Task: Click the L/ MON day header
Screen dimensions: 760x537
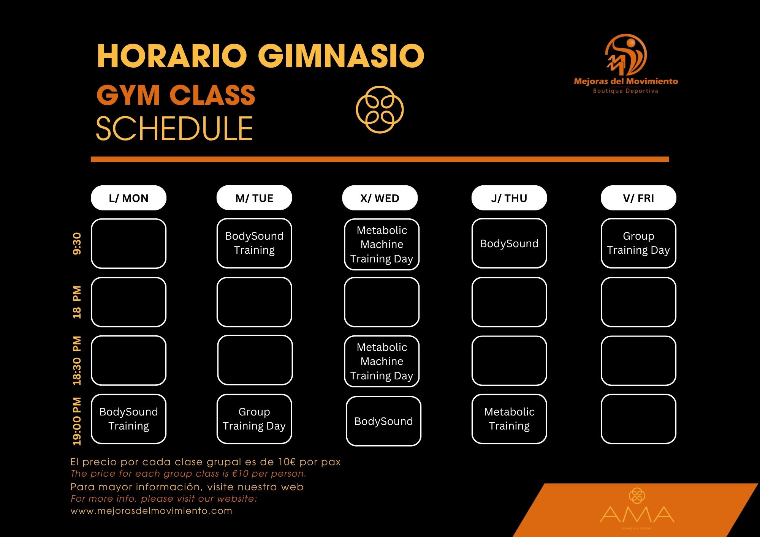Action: pos(128,198)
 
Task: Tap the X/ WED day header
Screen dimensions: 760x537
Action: pos(380,198)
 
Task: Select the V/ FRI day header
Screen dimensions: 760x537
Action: pos(638,198)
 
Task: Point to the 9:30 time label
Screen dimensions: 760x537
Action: pos(77,243)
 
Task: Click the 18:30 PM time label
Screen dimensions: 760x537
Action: pos(77,360)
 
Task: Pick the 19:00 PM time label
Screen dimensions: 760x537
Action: pos(77,421)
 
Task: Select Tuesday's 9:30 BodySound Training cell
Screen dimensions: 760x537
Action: pos(254,243)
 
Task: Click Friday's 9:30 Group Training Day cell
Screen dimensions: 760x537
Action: pos(638,243)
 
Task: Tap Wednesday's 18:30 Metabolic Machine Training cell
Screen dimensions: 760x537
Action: pos(382,361)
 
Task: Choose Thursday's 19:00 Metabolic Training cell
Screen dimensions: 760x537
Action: pos(509,419)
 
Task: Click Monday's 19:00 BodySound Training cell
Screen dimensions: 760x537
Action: pos(128,419)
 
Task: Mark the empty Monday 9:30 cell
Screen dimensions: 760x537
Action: pos(128,243)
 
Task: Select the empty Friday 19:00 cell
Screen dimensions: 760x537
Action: pos(638,419)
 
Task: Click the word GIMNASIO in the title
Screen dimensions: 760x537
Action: pos(341,56)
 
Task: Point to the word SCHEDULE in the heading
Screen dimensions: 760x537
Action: pos(174,129)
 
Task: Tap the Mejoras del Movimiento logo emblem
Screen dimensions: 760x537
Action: pos(626,55)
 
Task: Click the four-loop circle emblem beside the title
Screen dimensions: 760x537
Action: pos(380,109)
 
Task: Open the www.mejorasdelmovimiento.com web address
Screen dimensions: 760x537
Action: pos(151,511)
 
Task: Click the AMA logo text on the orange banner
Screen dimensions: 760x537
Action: pos(637,514)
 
